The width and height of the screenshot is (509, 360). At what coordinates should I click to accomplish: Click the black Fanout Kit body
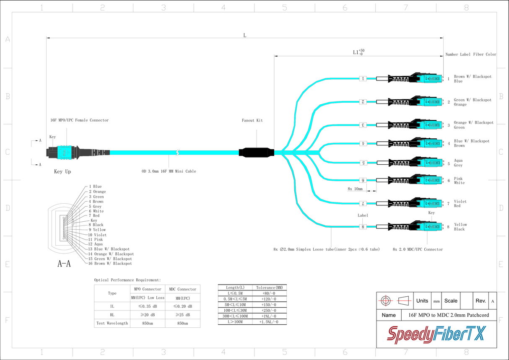(256, 153)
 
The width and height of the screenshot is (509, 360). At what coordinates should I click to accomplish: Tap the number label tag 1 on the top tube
(363, 78)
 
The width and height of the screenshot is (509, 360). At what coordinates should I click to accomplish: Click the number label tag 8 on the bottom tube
(363, 227)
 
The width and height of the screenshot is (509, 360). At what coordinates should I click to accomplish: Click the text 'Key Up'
(62, 172)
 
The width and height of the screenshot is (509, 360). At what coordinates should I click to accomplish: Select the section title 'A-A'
(64, 264)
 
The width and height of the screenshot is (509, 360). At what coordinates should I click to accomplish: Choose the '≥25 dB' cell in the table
(182, 315)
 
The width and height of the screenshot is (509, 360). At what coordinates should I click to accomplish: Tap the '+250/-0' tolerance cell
(269, 310)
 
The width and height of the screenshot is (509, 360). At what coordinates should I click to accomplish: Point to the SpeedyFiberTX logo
(436, 334)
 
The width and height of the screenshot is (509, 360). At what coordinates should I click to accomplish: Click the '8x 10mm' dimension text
(355, 189)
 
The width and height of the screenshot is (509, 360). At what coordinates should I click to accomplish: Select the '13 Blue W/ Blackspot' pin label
(109, 249)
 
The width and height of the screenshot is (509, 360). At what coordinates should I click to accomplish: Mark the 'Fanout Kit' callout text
(252, 121)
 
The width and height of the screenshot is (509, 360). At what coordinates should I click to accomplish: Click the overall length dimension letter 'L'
(245, 35)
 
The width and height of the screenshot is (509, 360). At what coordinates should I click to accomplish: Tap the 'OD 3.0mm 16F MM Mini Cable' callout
(169, 171)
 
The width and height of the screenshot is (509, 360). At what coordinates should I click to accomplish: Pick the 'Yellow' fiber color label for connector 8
(460, 225)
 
